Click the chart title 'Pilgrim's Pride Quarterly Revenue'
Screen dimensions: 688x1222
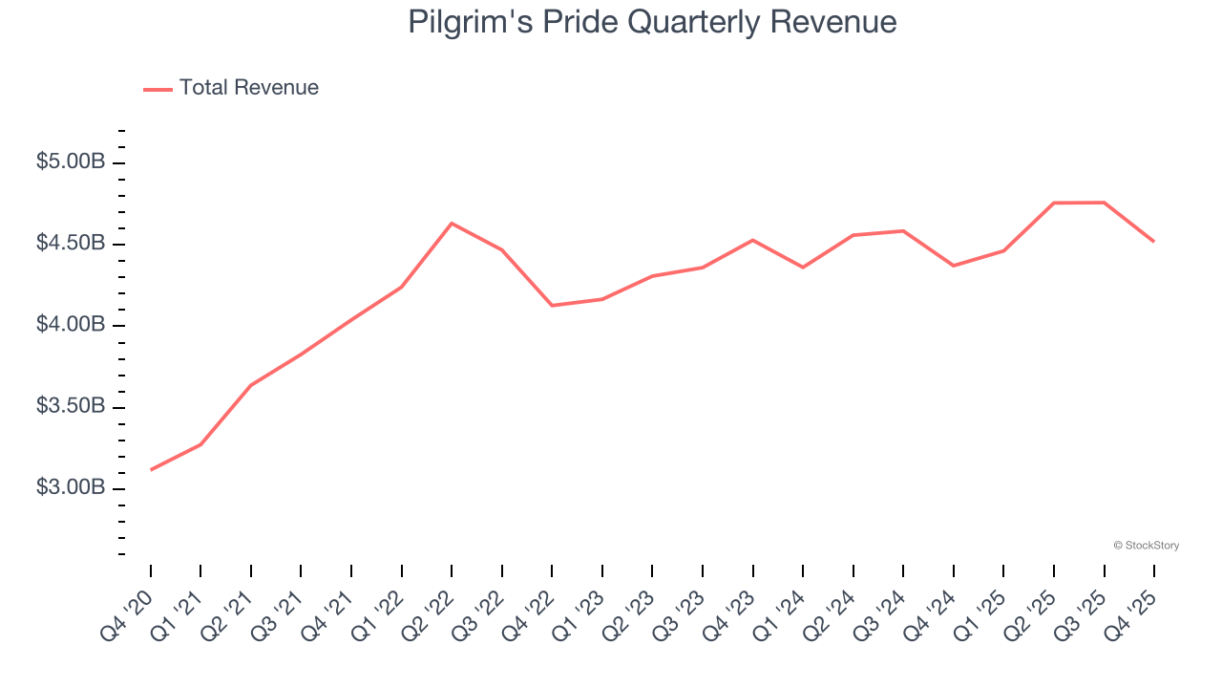pos(652,22)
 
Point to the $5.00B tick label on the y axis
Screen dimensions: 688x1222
pos(71,162)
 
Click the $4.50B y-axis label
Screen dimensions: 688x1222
pos(71,244)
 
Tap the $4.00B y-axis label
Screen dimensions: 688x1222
pos(71,326)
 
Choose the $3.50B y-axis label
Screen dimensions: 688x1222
pos(71,407)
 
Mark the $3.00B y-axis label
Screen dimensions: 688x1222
pos(71,488)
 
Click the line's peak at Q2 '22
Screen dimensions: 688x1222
pos(452,224)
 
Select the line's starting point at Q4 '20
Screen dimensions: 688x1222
pos(151,469)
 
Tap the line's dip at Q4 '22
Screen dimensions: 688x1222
pos(552,306)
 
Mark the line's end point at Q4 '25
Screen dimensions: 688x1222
pos(1153,241)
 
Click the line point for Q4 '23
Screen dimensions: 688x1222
pos(752,240)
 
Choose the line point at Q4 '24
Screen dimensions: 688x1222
pos(954,266)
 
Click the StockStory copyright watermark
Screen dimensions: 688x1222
pos(1146,546)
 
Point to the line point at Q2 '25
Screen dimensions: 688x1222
pos(1054,203)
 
